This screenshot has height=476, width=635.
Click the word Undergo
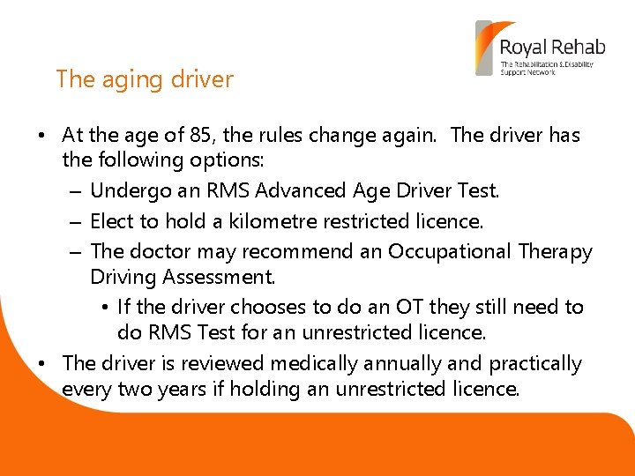[125, 191]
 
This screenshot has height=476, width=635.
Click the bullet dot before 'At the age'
[42, 137]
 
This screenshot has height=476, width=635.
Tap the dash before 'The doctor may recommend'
[74, 251]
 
